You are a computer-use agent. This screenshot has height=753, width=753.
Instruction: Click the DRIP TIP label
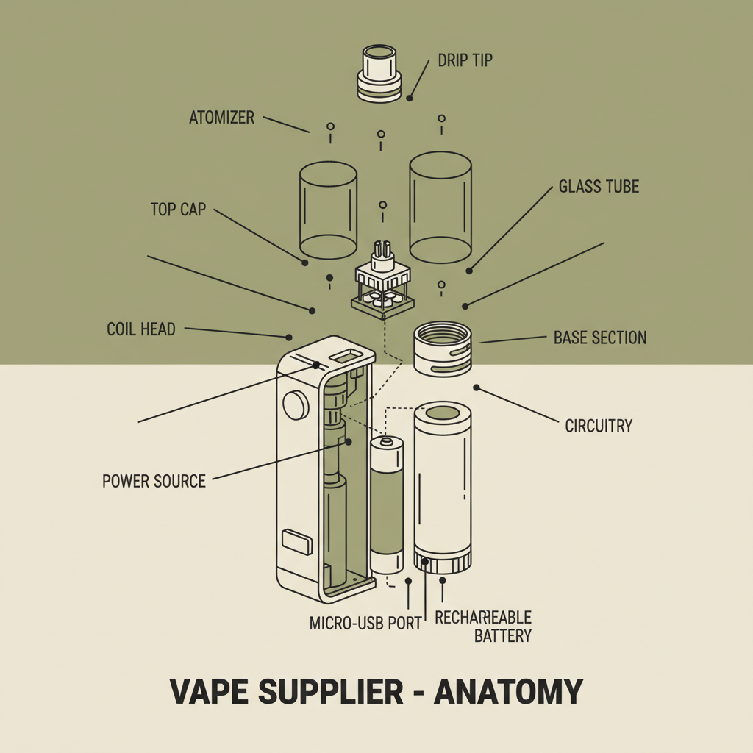[x=465, y=60]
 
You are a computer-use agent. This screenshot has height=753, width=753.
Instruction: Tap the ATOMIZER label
[x=221, y=117]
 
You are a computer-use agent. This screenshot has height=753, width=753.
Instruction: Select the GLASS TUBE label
[x=599, y=186]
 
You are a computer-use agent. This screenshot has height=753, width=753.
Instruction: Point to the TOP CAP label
[x=178, y=210]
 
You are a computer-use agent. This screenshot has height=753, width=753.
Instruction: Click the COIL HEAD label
[x=141, y=329]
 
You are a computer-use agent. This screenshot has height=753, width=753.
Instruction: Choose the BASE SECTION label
[x=600, y=338]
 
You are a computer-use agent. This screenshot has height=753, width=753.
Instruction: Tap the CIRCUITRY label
[x=599, y=425]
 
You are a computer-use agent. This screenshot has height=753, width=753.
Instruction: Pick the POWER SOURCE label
[x=154, y=482]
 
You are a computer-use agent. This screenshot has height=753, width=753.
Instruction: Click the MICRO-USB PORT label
[x=365, y=623]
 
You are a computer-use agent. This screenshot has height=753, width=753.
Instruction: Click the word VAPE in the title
[x=208, y=692]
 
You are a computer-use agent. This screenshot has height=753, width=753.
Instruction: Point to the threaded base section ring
[x=441, y=349]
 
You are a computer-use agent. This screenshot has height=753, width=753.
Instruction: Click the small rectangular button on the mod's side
[x=296, y=543]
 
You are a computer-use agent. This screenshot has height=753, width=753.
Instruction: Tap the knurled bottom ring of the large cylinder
[x=442, y=563]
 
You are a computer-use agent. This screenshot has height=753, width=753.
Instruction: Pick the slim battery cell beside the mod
[x=387, y=504]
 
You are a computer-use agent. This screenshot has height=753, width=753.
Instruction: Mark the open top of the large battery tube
[x=441, y=413]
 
